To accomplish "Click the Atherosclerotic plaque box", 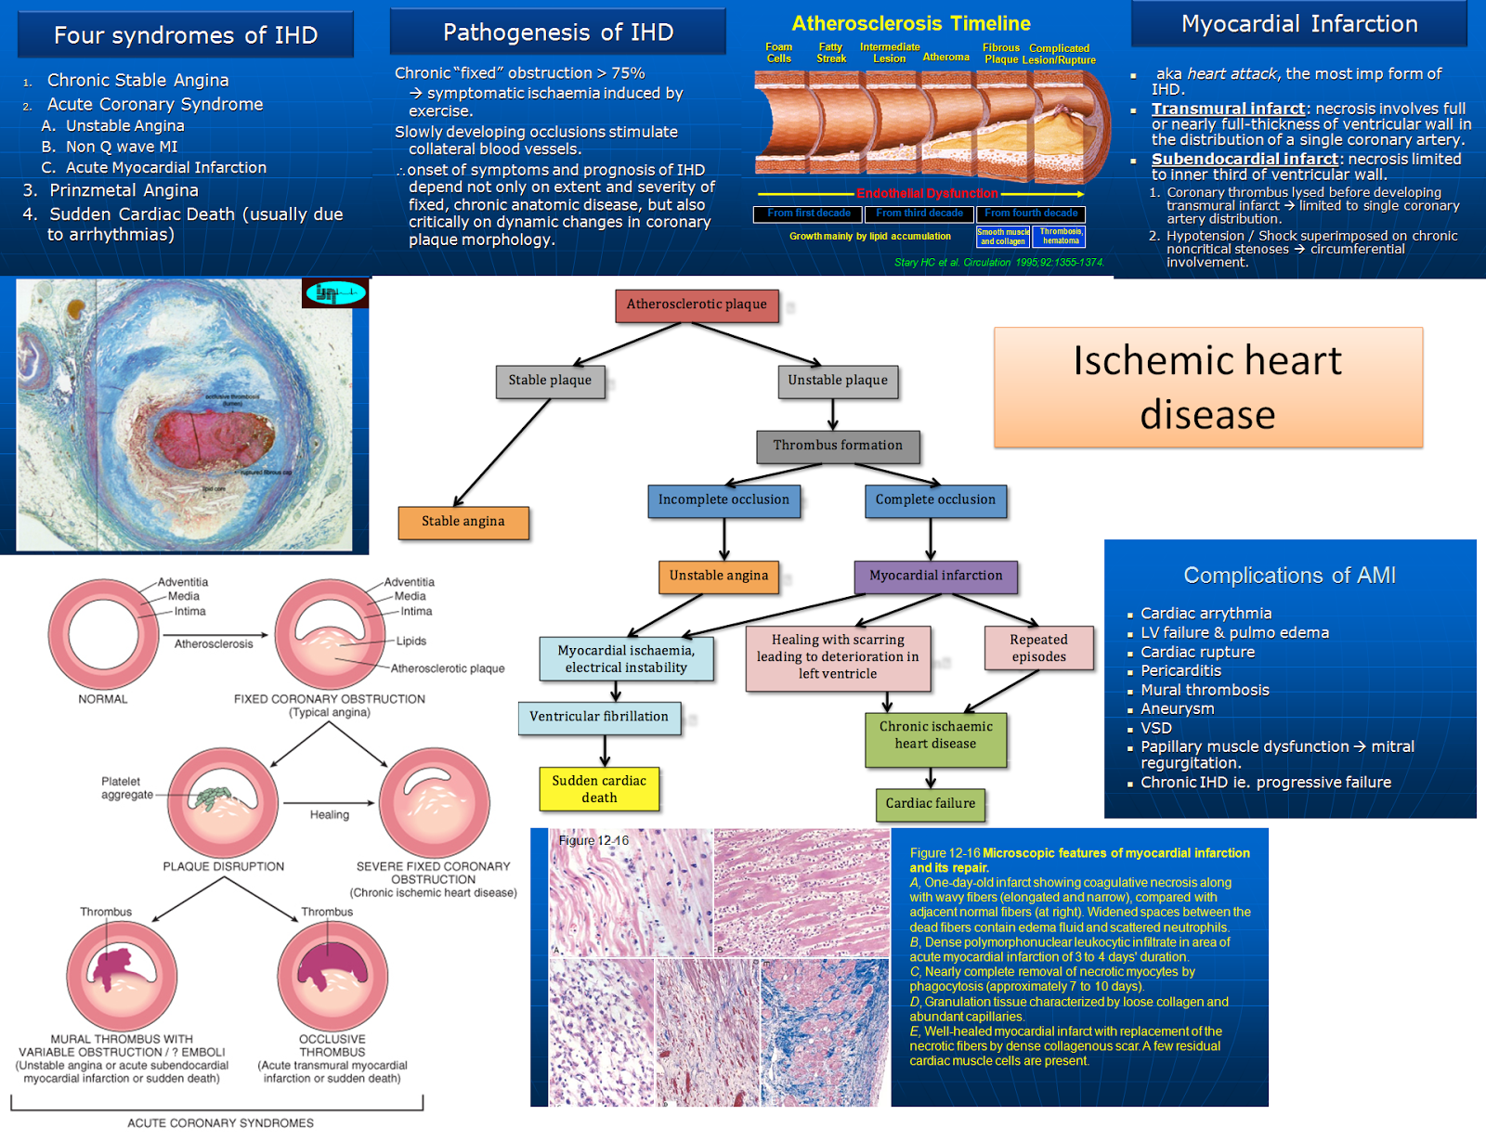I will click(697, 305).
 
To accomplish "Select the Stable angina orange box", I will click(463, 522).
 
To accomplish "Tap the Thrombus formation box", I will click(838, 446).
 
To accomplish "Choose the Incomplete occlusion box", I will click(723, 500).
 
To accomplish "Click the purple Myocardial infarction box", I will click(935, 577).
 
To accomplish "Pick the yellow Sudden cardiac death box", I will click(599, 789).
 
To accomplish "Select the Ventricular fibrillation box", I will click(599, 717).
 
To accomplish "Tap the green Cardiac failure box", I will click(930, 804).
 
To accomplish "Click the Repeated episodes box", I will click(1038, 648).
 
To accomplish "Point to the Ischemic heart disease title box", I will click(1207, 387).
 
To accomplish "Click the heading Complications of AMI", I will click(1289, 576).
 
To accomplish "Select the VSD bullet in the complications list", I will click(1156, 728).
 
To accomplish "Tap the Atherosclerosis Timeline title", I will click(910, 24).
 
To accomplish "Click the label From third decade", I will click(919, 214).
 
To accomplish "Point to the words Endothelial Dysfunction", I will click(927, 194).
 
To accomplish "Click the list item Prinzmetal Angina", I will click(124, 190).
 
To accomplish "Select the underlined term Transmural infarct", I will click(1228, 109).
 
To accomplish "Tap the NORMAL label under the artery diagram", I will click(103, 699).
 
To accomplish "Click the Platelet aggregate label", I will click(127, 788).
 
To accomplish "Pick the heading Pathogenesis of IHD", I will click(557, 32).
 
